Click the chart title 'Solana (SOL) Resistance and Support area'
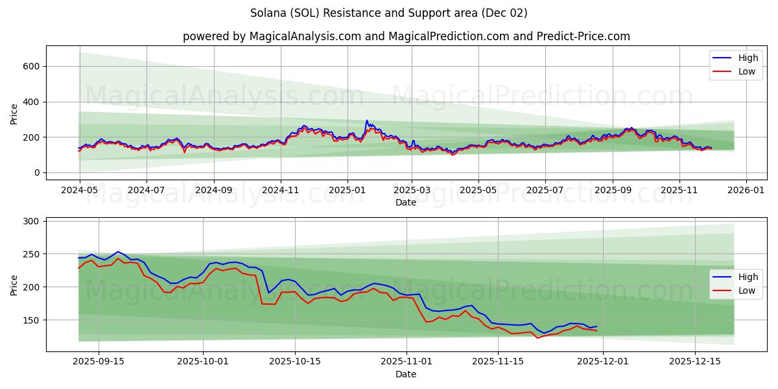[x=388, y=13]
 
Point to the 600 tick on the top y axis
[x=32, y=66]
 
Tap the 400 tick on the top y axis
[x=32, y=102]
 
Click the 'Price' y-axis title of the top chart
[x=14, y=113]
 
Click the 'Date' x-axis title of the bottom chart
[x=406, y=375]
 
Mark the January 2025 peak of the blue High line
[x=367, y=121]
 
